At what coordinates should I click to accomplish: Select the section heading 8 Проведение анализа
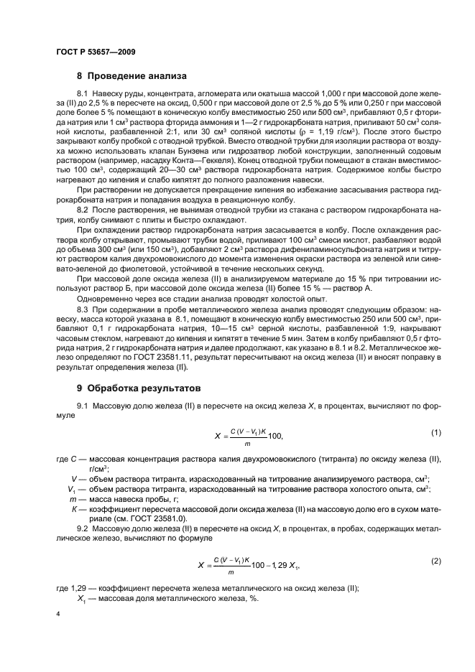tap(132, 75)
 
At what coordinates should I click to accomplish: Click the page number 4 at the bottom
tap(57, 615)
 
